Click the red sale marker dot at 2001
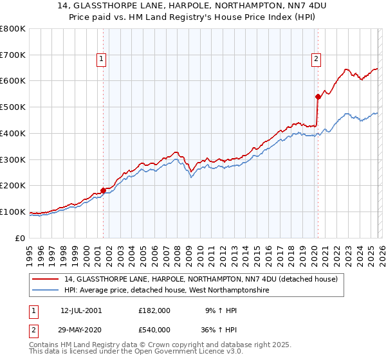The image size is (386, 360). click(103, 190)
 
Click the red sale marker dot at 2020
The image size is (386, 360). click(318, 96)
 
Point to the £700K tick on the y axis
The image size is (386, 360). click(13, 55)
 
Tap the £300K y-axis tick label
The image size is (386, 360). click(13, 159)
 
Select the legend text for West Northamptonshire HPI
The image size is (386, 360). click(166, 291)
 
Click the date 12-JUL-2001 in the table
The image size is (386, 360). click(81, 310)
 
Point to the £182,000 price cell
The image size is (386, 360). click(154, 310)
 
